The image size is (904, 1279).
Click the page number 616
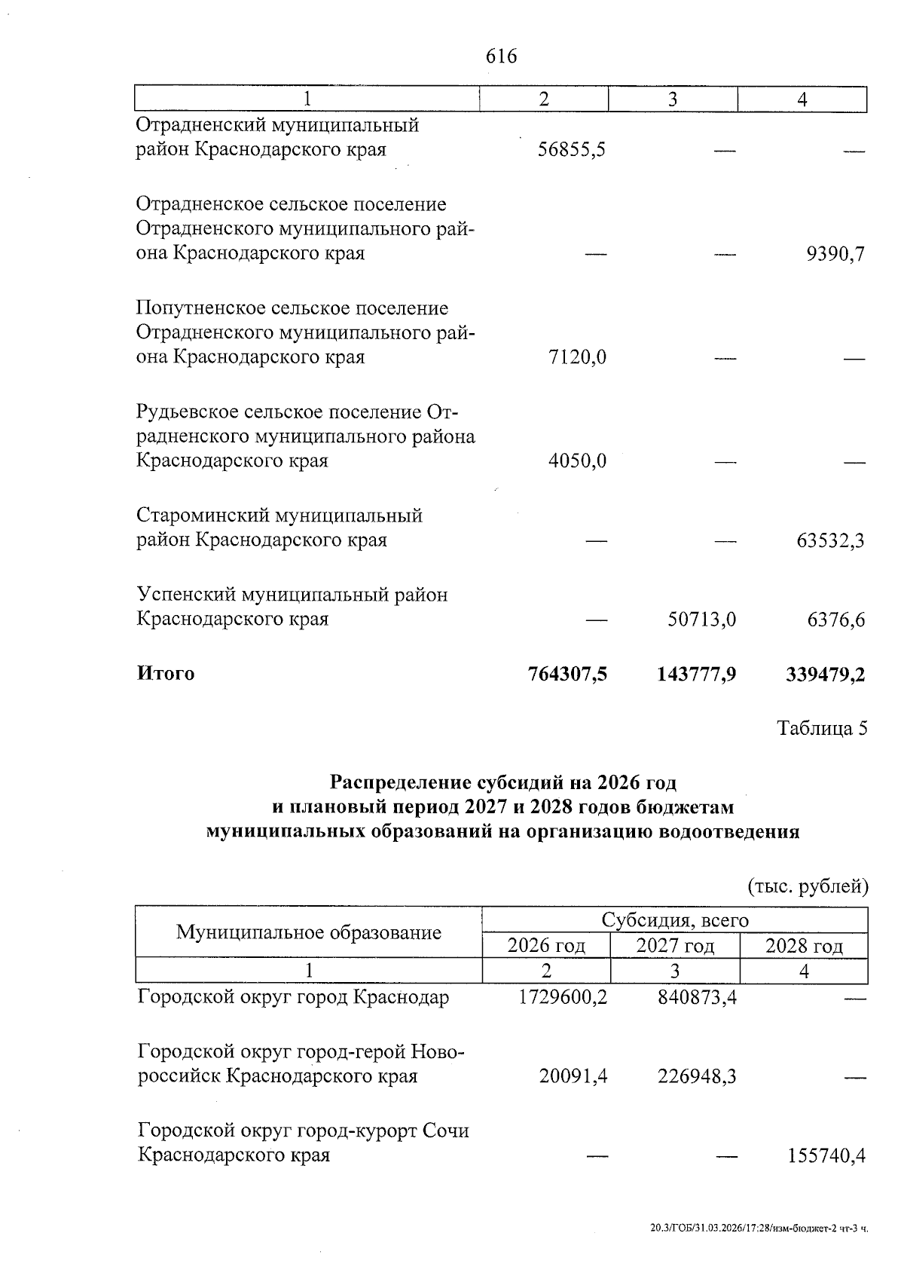[502, 57]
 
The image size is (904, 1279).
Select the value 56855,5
[572, 150]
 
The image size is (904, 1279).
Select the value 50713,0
[702, 620]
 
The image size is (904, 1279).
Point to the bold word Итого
[166, 674]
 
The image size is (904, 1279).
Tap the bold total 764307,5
[567, 674]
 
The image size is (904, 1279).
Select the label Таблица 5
[823, 729]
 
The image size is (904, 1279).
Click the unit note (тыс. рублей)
[808, 886]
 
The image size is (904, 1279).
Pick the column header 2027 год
[675, 946]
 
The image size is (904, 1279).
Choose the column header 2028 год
[804, 946]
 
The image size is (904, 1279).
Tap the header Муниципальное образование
[308, 933]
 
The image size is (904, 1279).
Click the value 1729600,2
[563, 998]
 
